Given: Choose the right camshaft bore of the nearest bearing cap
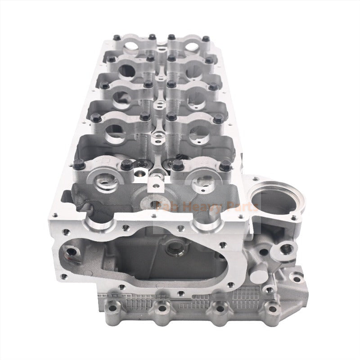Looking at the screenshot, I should point(199,182).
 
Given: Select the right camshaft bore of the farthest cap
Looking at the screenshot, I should point(187,45).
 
